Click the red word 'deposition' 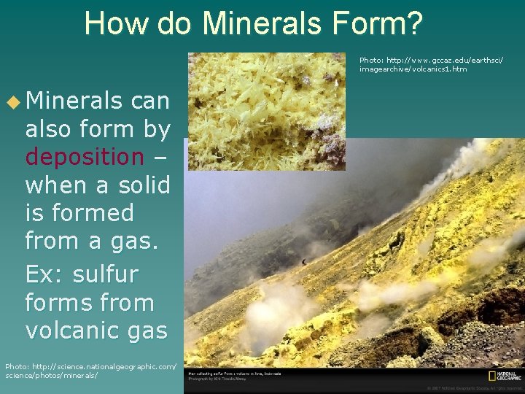point(85,157)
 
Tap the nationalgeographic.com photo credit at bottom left point(90,370)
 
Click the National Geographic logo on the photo point(504,376)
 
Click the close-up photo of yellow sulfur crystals point(266,111)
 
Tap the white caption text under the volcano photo point(235,376)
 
